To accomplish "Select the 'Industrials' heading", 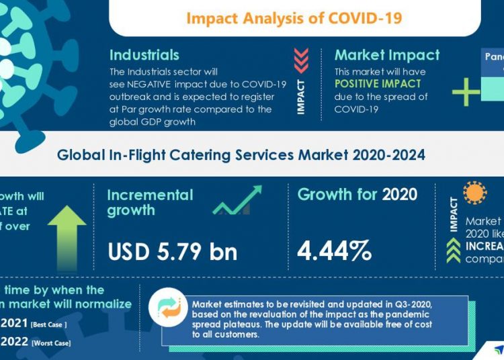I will click(144, 55).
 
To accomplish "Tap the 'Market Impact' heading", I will click(387, 55).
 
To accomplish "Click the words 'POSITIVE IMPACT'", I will click(378, 84).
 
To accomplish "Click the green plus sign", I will click(466, 92).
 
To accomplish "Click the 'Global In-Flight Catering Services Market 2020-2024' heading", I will click(241, 155).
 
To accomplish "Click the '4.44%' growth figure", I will click(334, 250).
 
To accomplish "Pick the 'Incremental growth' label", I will click(150, 202).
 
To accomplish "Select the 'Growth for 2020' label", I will click(357, 195).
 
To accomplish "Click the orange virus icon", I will click(476, 193).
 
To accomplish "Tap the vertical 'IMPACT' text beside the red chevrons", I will click(301, 97).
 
